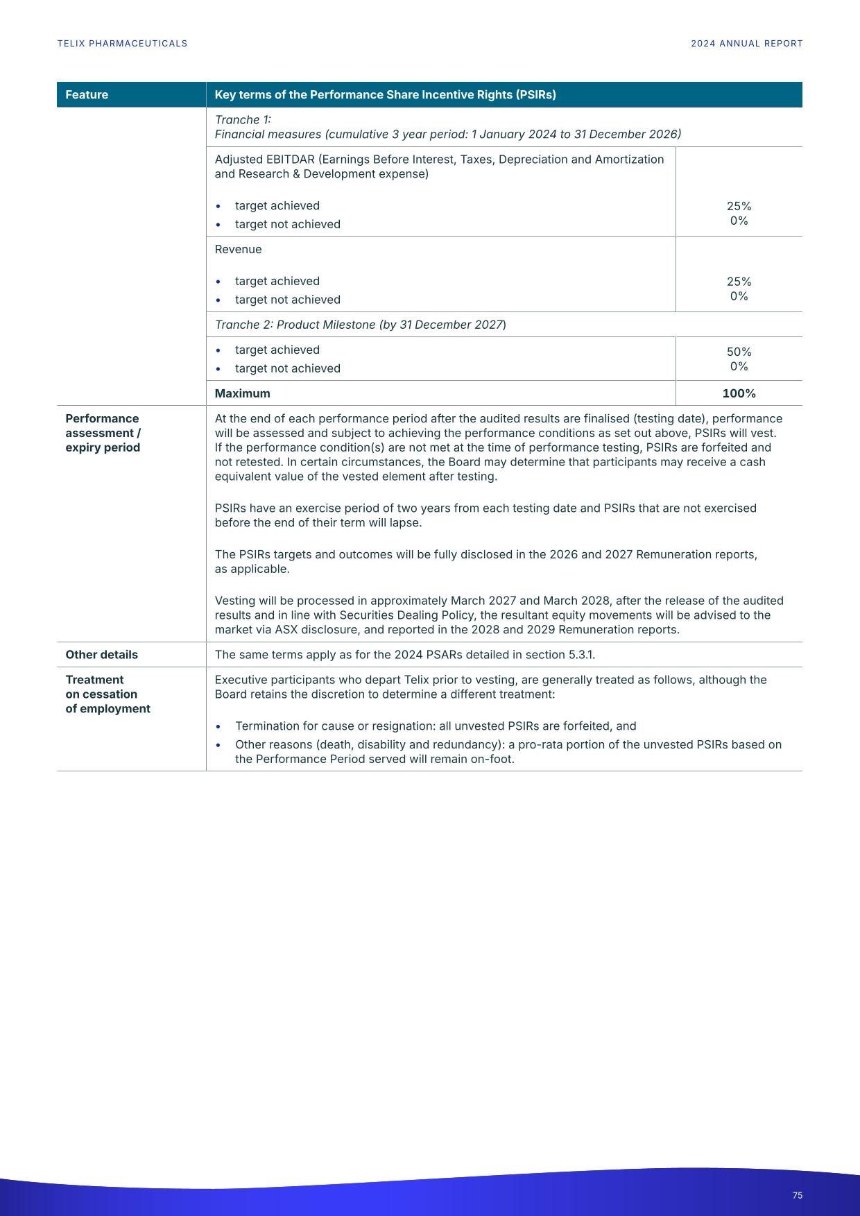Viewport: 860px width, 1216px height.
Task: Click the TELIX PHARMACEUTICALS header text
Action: pos(122,44)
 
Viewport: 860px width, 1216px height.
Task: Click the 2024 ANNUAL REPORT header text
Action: pos(746,44)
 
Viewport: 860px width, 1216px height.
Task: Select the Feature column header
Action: pos(87,95)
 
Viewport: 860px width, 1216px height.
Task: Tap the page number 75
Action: pos(797,1195)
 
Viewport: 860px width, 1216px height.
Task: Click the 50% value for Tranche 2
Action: pos(739,352)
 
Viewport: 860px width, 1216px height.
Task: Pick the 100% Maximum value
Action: pos(739,393)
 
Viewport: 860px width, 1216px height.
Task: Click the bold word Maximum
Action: pos(242,393)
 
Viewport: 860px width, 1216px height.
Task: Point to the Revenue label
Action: pos(238,249)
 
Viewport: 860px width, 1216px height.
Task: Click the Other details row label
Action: pos(101,655)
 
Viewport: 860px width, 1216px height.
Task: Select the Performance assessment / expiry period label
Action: pos(103,433)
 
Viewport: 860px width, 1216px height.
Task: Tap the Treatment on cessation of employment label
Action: pos(108,694)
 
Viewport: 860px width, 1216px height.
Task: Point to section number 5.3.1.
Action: pos(580,655)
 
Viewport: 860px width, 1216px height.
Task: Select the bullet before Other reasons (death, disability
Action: pos(218,746)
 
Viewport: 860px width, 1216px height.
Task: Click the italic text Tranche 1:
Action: pos(242,120)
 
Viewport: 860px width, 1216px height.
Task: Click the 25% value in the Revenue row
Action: pos(739,282)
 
